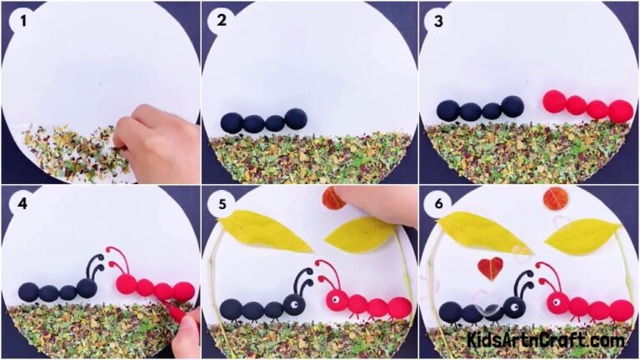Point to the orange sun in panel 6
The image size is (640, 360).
556,200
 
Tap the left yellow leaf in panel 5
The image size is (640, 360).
258,231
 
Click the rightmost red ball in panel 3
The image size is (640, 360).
620,111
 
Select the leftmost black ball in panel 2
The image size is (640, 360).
232,122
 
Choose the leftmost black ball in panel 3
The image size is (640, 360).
448,110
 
